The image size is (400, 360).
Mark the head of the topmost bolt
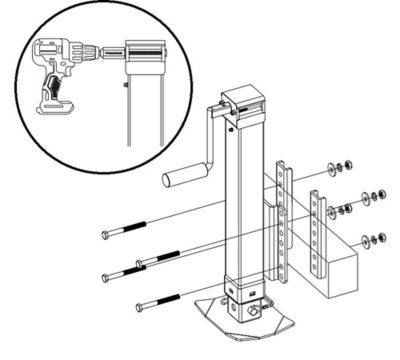coord(106,236)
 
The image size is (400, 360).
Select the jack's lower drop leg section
coord(243,286)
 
